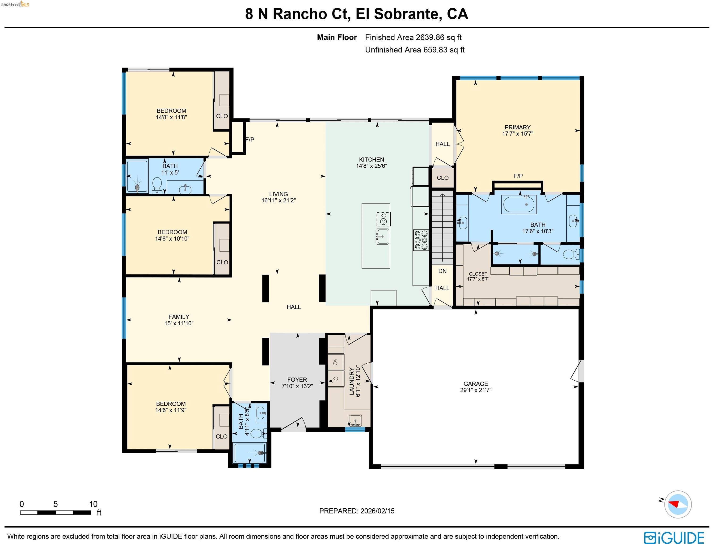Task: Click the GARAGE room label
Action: [x=475, y=387]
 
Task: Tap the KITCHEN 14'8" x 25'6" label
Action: [x=371, y=162]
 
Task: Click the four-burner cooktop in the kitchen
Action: [x=421, y=240]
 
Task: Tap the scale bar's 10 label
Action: [x=93, y=504]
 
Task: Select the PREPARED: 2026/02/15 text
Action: [x=357, y=511]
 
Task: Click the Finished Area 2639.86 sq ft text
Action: [x=413, y=37]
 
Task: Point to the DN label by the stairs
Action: [x=442, y=271]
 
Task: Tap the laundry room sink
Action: [x=355, y=420]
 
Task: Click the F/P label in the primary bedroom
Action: [x=518, y=176]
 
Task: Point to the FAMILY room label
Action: [x=179, y=320]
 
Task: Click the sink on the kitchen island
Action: [x=382, y=236]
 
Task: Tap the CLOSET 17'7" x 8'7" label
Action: [x=478, y=276]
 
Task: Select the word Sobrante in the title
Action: [x=406, y=14]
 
